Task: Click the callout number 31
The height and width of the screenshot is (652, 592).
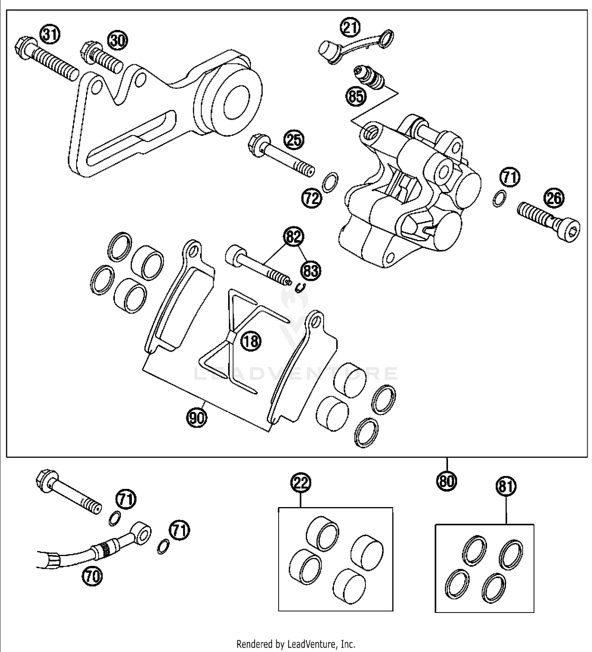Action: [x=50, y=35]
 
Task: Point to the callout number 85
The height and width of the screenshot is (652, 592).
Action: [x=356, y=96]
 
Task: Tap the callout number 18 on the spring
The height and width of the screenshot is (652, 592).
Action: [x=251, y=340]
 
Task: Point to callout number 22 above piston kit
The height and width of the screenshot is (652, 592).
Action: [x=301, y=483]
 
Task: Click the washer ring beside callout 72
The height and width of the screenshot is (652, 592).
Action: [x=330, y=182]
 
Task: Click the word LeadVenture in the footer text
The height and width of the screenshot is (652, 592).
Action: [x=312, y=644]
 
